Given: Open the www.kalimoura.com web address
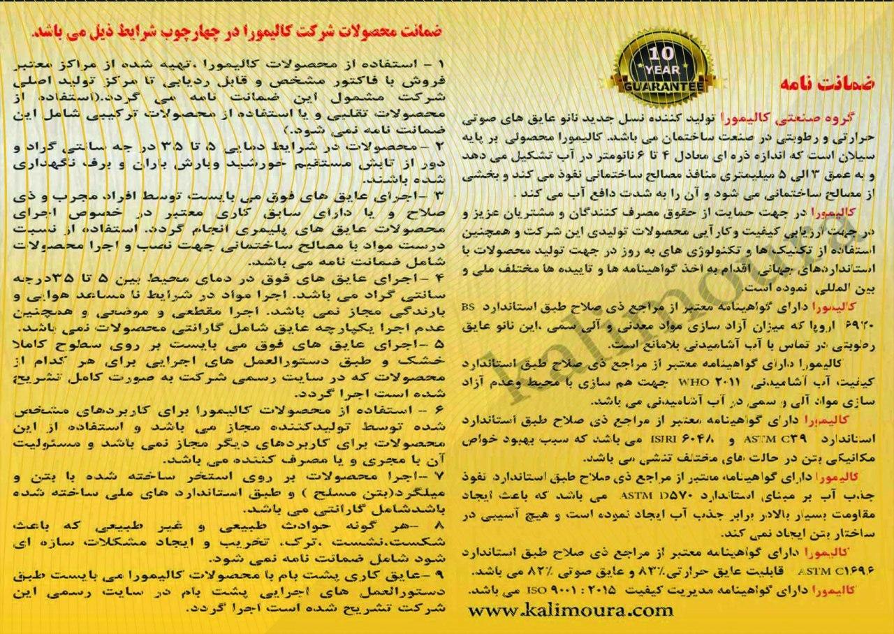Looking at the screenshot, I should point(572,610).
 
